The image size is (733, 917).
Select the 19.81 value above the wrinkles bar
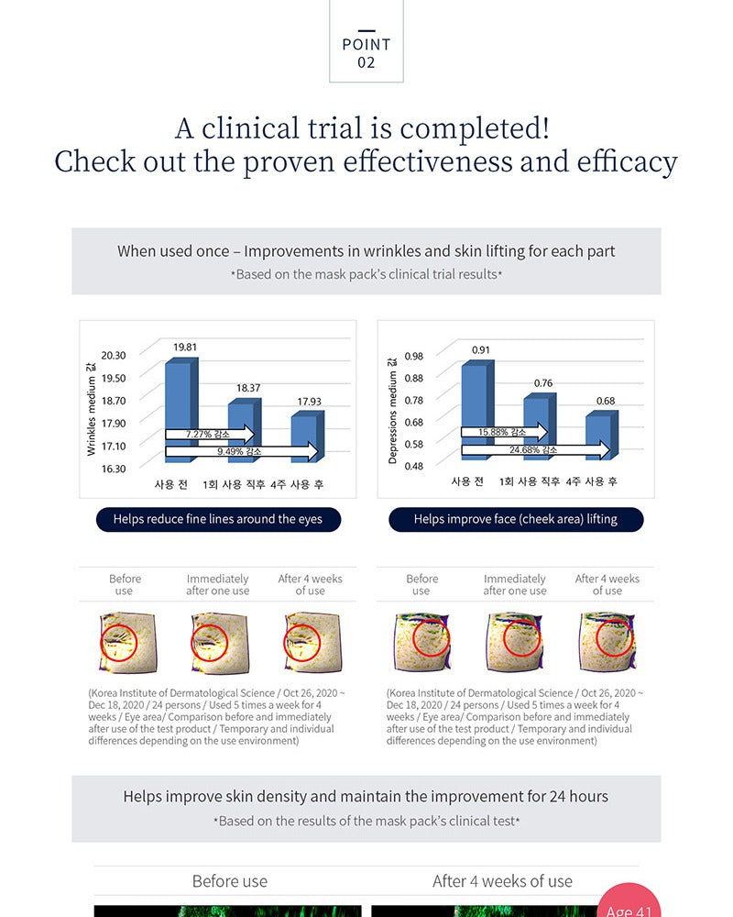point(185,348)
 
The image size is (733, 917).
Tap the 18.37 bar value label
point(247,388)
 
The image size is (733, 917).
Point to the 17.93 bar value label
point(309,402)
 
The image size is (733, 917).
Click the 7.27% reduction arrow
point(210,434)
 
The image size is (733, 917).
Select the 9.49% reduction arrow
point(242,451)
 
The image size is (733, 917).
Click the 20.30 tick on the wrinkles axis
point(114,356)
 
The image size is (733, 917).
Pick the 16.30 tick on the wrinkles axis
point(114,469)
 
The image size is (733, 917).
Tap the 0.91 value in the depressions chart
point(480,350)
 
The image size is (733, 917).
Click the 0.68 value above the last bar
point(606,402)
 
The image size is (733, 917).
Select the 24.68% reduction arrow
point(536,449)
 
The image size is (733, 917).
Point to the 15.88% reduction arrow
point(505,432)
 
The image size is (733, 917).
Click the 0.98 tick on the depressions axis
point(414,356)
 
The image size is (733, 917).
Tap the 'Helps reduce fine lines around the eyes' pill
point(218,519)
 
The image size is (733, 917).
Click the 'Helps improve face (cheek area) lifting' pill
point(516,519)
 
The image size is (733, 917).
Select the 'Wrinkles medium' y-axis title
point(91,409)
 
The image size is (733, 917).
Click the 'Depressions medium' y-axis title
point(392,411)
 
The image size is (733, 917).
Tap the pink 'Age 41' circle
point(629,900)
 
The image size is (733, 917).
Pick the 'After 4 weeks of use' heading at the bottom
point(503,881)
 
